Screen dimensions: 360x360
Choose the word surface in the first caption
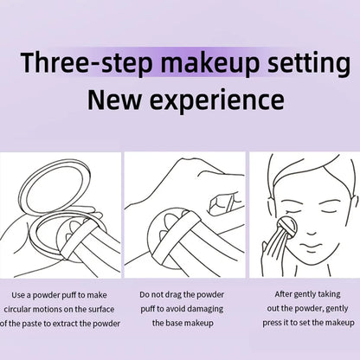pos(99,308)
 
